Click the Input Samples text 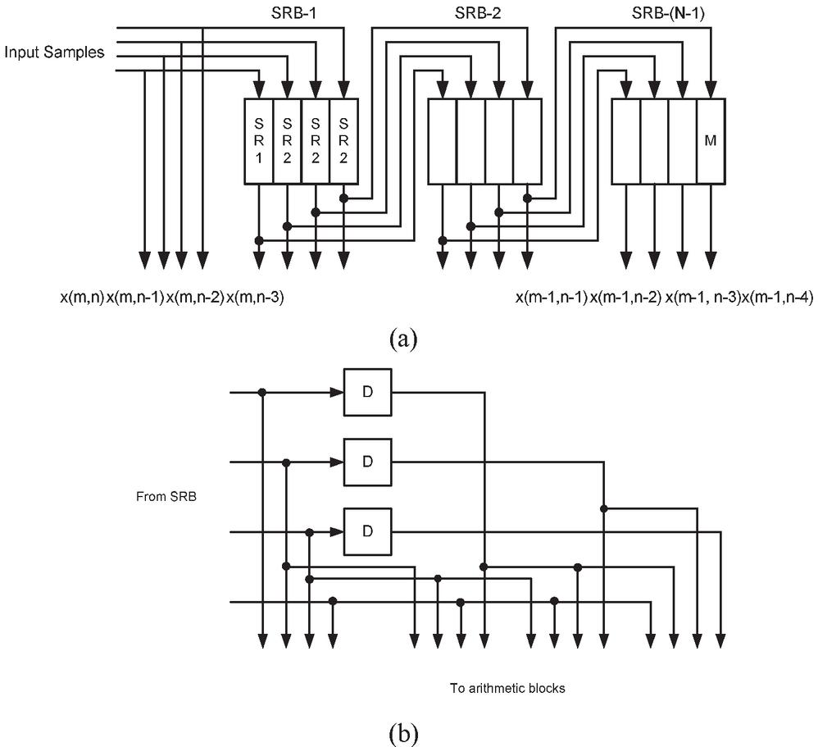point(55,53)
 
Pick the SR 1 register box point(259,141)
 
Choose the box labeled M point(711,141)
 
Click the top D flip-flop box point(368,392)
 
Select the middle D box point(368,462)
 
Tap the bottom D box point(368,531)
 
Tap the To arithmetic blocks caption point(507,688)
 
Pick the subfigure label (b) point(407,731)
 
